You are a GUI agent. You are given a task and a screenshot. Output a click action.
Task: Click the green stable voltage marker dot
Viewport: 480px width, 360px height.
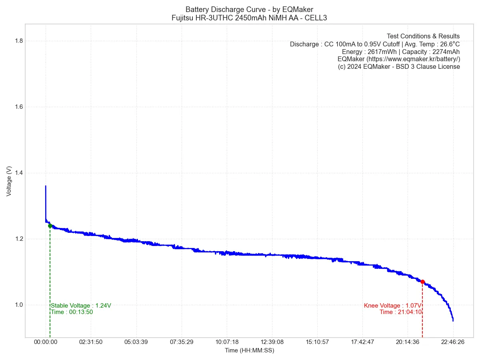(50, 226)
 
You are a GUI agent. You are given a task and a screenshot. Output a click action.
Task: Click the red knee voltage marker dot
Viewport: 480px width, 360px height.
(422, 282)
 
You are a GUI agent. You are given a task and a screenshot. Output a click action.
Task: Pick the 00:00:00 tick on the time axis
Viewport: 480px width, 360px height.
(46, 342)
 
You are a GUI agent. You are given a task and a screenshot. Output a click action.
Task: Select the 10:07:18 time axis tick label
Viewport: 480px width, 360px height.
(227, 342)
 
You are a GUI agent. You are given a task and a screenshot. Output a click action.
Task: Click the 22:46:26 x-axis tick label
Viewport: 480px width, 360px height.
(453, 342)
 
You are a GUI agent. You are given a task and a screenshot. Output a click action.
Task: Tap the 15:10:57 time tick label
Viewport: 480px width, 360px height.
(317, 342)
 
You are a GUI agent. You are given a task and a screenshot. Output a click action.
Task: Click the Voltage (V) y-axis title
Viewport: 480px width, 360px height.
(9, 181)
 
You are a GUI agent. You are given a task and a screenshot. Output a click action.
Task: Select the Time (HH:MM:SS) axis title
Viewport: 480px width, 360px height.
(249, 350)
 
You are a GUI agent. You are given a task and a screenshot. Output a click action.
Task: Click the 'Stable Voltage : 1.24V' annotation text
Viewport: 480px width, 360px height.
(81, 306)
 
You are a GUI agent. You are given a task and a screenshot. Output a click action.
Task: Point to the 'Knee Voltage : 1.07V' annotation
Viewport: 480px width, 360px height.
(392, 306)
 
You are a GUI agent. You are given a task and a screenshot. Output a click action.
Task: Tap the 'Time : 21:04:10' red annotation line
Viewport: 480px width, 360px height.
(400, 312)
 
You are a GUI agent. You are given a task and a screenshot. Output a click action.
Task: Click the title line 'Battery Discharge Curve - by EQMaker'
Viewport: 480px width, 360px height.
(249, 9)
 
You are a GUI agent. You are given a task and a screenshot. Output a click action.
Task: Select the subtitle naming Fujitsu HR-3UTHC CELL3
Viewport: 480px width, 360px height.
(249, 18)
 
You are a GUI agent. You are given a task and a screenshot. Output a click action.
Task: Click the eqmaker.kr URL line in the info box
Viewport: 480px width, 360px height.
(399, 59)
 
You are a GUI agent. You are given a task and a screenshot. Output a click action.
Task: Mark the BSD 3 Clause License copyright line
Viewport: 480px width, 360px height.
(399, 67)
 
